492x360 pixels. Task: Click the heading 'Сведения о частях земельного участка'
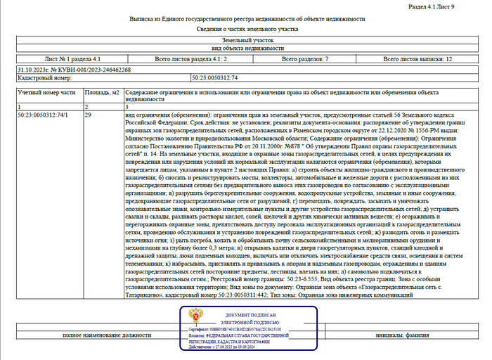click(246, 30)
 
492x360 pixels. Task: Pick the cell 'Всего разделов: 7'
click(304, 60)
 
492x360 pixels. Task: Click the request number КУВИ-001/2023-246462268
click(73, 70)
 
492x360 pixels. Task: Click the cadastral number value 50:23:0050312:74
click(215, 78)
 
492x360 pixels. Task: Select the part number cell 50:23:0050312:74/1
click(43, 114)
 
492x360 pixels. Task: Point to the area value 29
click(88, 114)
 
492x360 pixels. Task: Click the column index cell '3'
click(127, 106)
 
